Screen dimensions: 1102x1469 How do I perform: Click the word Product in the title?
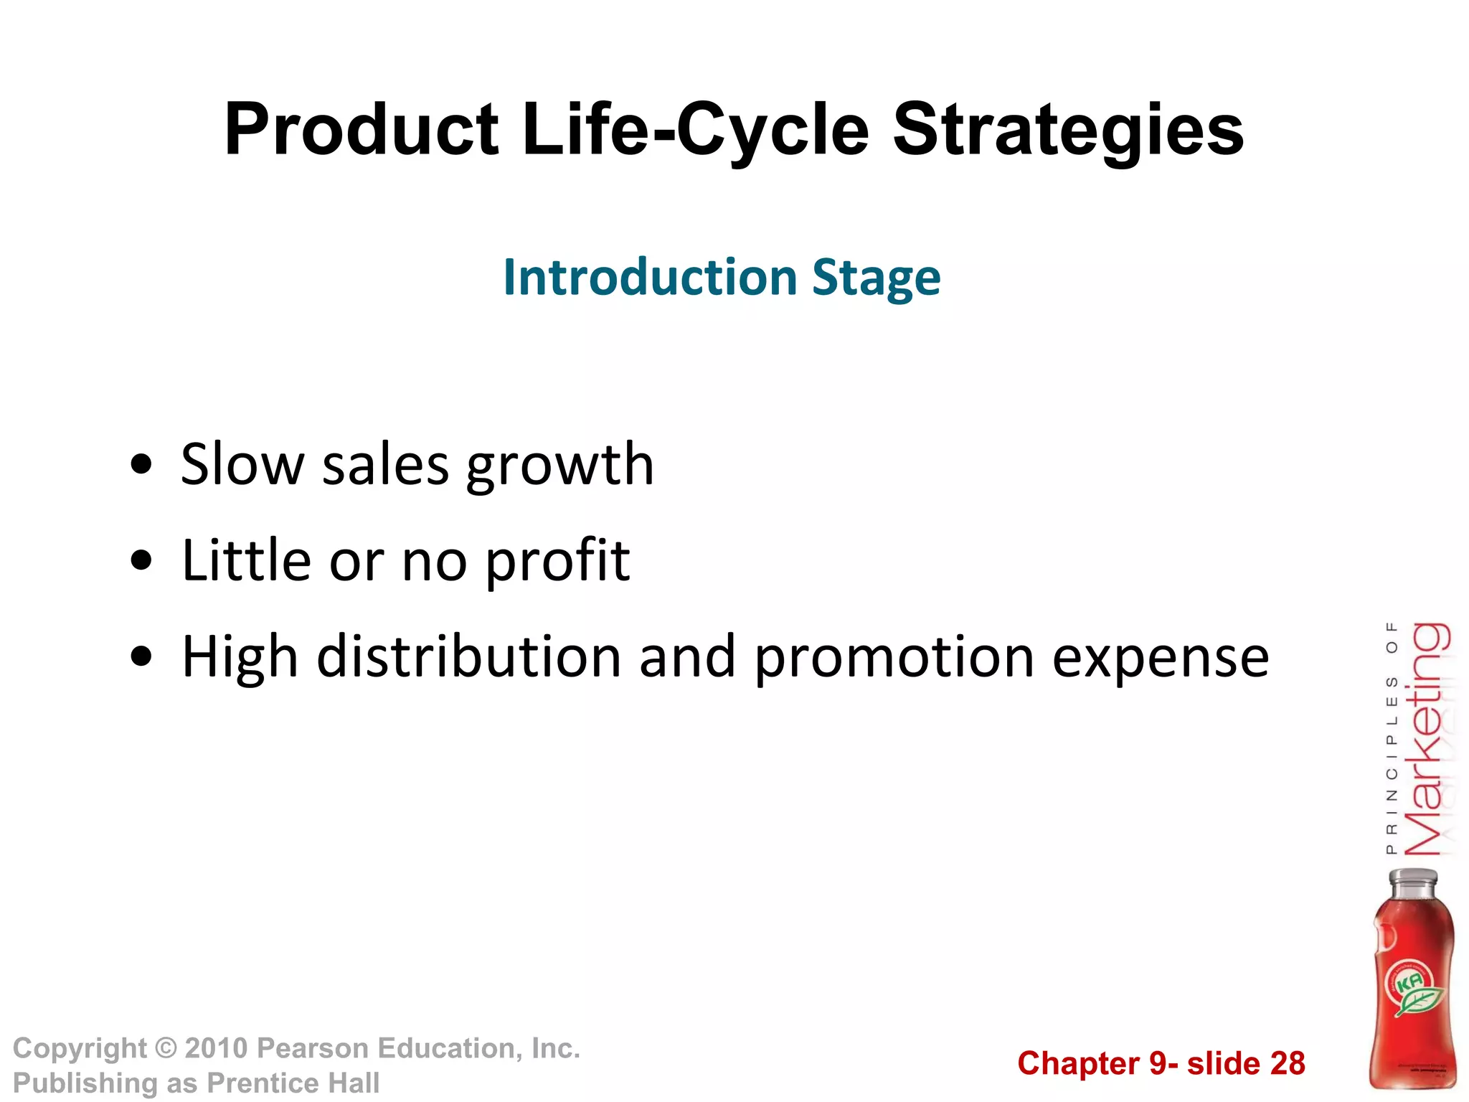tap(361, 131)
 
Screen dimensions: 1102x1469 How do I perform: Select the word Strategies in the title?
tap(1068, 131)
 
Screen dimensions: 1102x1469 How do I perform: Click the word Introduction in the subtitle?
tap(650, 278)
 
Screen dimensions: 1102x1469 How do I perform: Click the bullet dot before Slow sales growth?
tap(142, 466)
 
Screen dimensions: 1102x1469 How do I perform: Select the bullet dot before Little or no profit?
tap(142, 561)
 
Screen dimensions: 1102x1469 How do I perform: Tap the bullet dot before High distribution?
tap(142, 657)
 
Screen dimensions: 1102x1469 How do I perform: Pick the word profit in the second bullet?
tap(557, 562)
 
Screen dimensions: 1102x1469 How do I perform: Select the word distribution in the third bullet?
tap(469, 656)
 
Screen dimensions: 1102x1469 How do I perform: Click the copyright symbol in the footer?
tap(166, 1049)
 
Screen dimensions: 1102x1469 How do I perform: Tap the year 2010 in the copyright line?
tap(217, 1049)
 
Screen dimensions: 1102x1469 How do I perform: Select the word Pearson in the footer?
tap(313, 1049)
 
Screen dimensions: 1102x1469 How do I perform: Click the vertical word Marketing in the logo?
tap(1427, 739)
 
